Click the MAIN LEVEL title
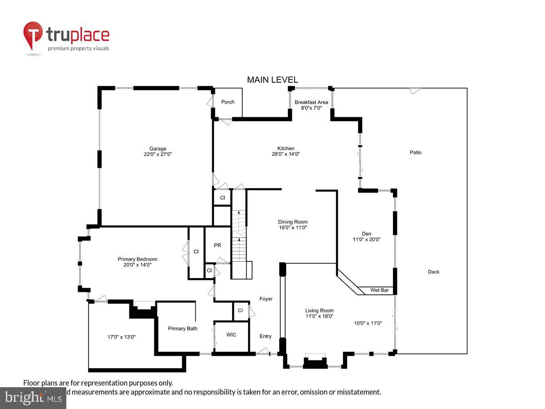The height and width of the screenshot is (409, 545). (272, 80)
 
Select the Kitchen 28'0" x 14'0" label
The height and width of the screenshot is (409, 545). (286, 151)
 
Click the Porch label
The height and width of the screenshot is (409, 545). (228, 102)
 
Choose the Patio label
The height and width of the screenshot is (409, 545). (416, 152)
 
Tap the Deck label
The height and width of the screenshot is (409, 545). (434, 272)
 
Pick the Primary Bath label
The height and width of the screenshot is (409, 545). (183, 328)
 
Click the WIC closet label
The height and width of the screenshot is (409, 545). (231, 335)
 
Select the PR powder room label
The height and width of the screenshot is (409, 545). (217, 245)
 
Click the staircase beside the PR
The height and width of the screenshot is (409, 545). (239, 236)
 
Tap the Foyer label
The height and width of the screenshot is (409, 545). (266, 299)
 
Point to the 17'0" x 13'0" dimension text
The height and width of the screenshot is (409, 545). (122, 337)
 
